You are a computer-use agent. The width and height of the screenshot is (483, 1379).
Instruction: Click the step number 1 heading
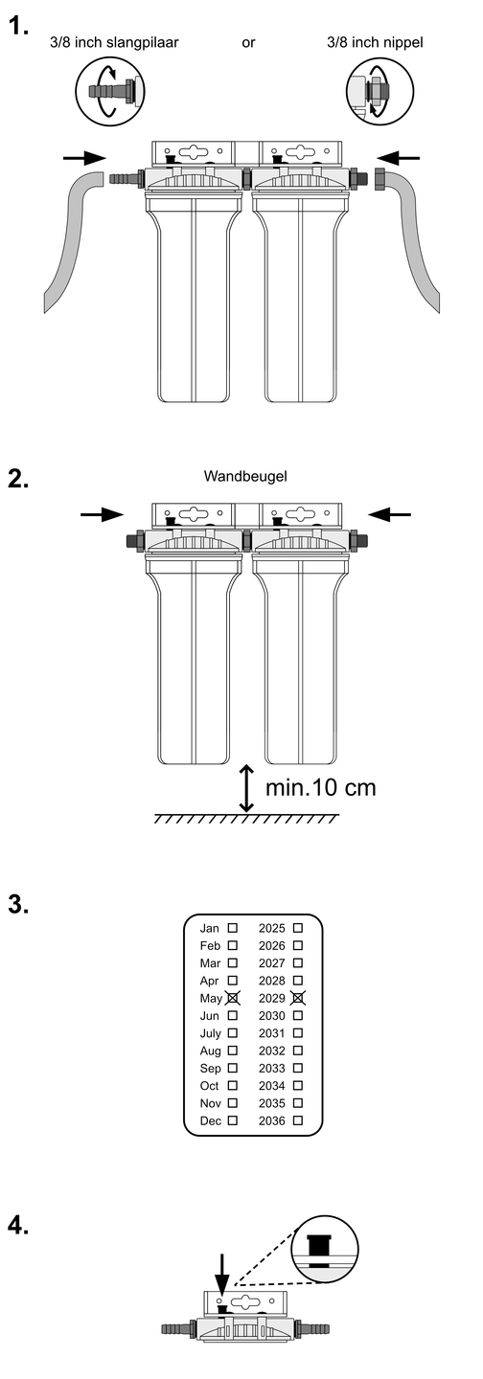tap(19, 26)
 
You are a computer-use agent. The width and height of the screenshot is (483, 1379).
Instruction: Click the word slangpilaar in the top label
tap(142, 42)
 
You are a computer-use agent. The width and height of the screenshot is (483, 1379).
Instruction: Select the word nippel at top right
tap(401, 42)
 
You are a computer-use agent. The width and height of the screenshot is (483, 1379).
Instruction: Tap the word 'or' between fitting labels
tap(248, 42)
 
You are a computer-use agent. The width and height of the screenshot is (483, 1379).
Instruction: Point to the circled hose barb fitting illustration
tap(109, 91)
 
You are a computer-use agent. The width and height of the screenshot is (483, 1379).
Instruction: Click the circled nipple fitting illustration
tap(379, 92)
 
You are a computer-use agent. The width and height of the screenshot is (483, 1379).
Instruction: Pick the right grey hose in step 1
tap(410, 240)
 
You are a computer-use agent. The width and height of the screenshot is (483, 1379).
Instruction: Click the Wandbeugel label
tap(245, 476)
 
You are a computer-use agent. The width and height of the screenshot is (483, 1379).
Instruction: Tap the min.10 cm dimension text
tap(320, 787)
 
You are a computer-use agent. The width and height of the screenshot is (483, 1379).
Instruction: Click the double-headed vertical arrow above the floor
tap(246, 789)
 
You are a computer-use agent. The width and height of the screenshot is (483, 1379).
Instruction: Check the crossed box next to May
tap(233, 998)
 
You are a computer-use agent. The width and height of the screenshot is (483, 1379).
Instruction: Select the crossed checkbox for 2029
tap(298, 998)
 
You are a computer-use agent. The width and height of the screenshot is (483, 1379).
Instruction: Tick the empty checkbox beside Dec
tap(232, 1120)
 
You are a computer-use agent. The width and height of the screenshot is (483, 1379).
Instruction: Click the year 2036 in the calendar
tap(272, 1121)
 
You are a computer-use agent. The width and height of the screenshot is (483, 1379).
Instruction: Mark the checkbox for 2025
tap(297, 927)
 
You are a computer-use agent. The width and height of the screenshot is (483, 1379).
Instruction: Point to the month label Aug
tap(210, 1051)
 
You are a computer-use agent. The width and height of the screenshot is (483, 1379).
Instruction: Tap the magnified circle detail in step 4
tap(325, 1250)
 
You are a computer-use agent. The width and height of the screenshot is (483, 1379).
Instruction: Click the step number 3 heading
tap(19, 906)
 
